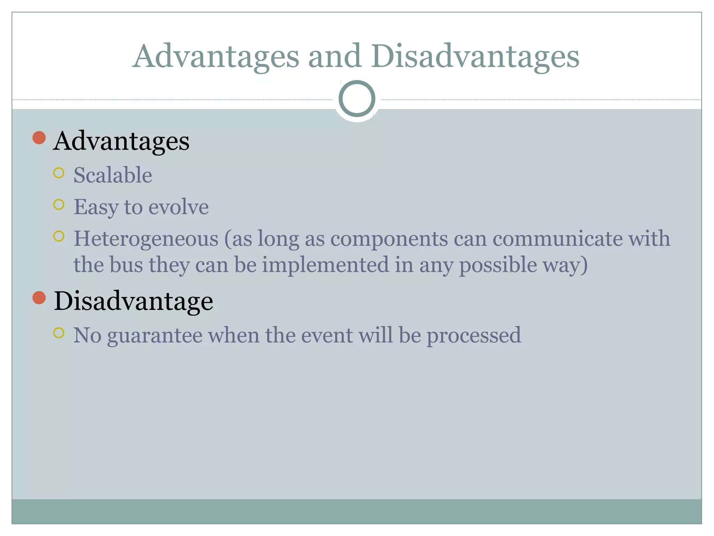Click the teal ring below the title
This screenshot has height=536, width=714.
pos(357,98)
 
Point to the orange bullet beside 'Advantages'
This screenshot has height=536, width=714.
pos(39,138)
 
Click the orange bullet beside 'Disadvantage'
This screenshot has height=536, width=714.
pos(39,298)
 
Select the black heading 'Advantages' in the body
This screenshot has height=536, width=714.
pos(121,141)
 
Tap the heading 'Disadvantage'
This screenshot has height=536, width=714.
pos(134,301)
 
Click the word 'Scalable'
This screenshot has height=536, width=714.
pos(113,175)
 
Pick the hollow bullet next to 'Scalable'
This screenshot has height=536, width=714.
pos(59,173)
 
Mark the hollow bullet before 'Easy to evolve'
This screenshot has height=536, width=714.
pos(59,204)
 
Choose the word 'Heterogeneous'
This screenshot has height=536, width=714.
pos(146,239)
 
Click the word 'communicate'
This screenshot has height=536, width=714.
pos(557,239)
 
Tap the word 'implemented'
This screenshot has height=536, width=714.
pos(325,265)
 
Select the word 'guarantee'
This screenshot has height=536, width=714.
pos(155,336)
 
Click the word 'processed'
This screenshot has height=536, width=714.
pos(474,336)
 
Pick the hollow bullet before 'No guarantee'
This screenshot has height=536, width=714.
pos(59,333)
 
